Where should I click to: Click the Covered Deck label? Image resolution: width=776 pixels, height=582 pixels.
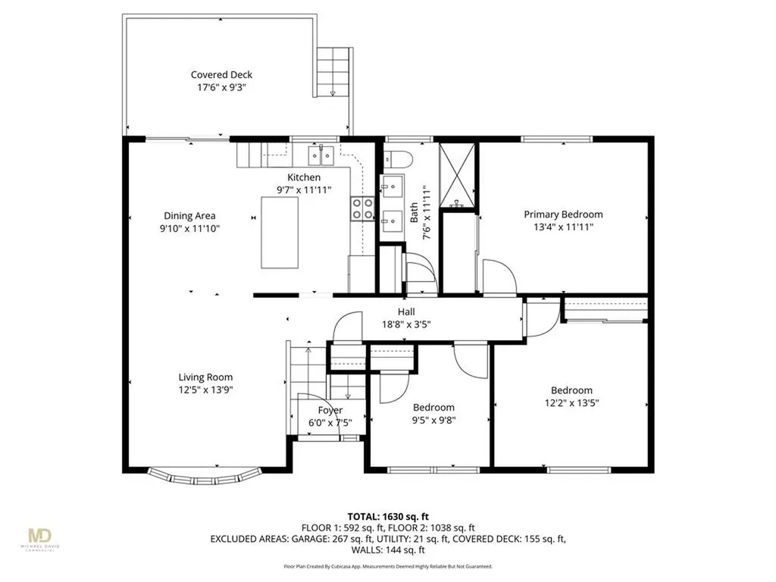click(x=221, y=74)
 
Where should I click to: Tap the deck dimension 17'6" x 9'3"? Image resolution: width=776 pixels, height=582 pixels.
click(x=221, y=87)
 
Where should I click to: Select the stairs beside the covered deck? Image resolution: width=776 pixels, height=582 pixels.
click(x=334, y=71)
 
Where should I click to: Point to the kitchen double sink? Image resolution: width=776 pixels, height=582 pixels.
click(x=322, y=156)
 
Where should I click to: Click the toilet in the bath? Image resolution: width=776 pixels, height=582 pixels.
click(x=398, y=158)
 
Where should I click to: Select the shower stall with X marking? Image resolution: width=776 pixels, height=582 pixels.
click(x=459, y=174)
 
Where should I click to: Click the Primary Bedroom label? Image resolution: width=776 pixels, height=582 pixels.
click(x=563, y=214)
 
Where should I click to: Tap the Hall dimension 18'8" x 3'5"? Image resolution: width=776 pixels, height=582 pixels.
click(x=406, y=324)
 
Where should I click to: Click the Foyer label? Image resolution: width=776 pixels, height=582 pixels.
click(x=330, y=410)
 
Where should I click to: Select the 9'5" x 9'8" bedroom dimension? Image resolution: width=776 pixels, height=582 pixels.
click(x=433, y=420)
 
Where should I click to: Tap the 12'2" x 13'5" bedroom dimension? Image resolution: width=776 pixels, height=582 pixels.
click(x=571, y=403)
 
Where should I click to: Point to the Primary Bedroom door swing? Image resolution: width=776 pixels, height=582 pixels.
click(x=498, y=276)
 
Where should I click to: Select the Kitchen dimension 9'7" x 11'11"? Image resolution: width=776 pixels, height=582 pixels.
click(x=303, y=190)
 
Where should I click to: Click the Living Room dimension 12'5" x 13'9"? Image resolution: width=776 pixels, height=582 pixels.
click(x=205, y=390)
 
